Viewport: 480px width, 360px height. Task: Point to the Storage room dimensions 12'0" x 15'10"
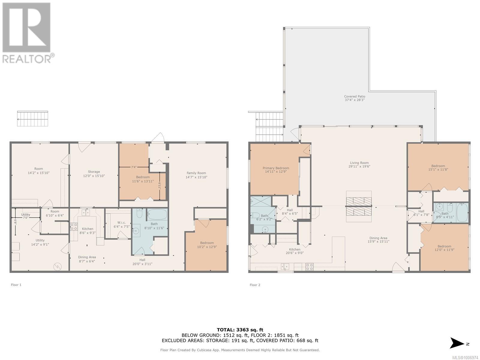pyautogui.click(x=94, y=176)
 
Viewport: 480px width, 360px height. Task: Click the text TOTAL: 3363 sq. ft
pyautogui.click(x=240, y=330)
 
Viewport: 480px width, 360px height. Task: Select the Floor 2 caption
pyautogui.click(x=255, y=285)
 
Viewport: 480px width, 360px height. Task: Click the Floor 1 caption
pyautogui.click(x=16, y=285)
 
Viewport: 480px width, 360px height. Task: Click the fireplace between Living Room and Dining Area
pyautogui.click(x=359, y=206)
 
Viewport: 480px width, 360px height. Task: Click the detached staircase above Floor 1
pyautogui.click(x=32, y=119)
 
